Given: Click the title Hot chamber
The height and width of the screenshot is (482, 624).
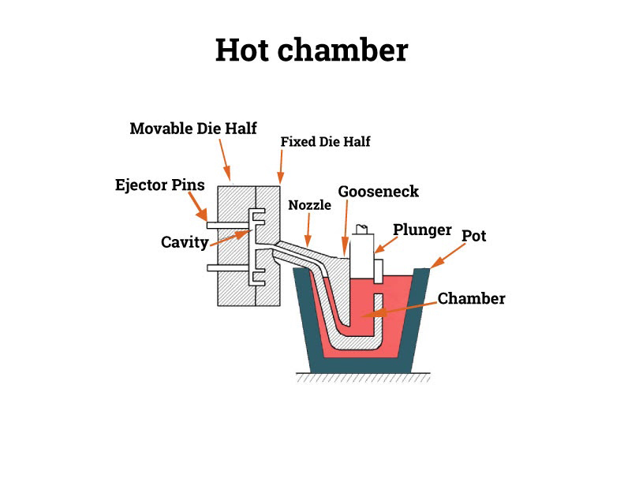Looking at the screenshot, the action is click(312, 50).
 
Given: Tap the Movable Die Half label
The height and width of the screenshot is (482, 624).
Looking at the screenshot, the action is click(193, 128).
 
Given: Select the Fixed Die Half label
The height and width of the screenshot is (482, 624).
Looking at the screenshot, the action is click(326, 142).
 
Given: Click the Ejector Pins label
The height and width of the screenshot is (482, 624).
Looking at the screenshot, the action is click(159, 185).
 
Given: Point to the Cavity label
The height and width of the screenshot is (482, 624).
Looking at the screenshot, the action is click(185, 242).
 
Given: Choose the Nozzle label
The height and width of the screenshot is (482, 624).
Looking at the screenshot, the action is click(309, 205).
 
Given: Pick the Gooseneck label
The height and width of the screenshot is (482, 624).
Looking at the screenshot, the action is click(378, 192).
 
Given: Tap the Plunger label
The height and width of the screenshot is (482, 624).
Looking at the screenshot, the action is click(422, 230).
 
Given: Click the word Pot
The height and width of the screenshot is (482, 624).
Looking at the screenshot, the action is click(473, 236).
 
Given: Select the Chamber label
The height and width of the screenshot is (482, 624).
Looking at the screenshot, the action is click(471, 298).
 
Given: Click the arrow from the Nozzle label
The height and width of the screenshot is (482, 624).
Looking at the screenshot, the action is click(308, 230).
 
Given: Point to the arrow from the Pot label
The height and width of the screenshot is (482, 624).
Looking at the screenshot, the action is click(448, 256).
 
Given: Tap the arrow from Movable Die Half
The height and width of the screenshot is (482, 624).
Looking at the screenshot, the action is click(225, 159).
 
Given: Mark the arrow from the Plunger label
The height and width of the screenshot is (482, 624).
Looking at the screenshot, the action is click(386, 245).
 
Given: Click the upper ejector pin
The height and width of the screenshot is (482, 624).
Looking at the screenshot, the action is click(228, 226).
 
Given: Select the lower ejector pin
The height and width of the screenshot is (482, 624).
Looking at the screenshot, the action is click(228, 268).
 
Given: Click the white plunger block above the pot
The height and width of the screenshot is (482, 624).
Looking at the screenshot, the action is click(362, 256).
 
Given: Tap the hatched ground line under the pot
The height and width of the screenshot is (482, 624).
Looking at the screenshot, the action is click(363, 377).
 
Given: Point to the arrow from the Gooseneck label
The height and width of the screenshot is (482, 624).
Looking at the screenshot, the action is click(346, 228).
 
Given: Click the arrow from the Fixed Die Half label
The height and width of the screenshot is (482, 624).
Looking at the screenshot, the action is click(281, 166).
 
